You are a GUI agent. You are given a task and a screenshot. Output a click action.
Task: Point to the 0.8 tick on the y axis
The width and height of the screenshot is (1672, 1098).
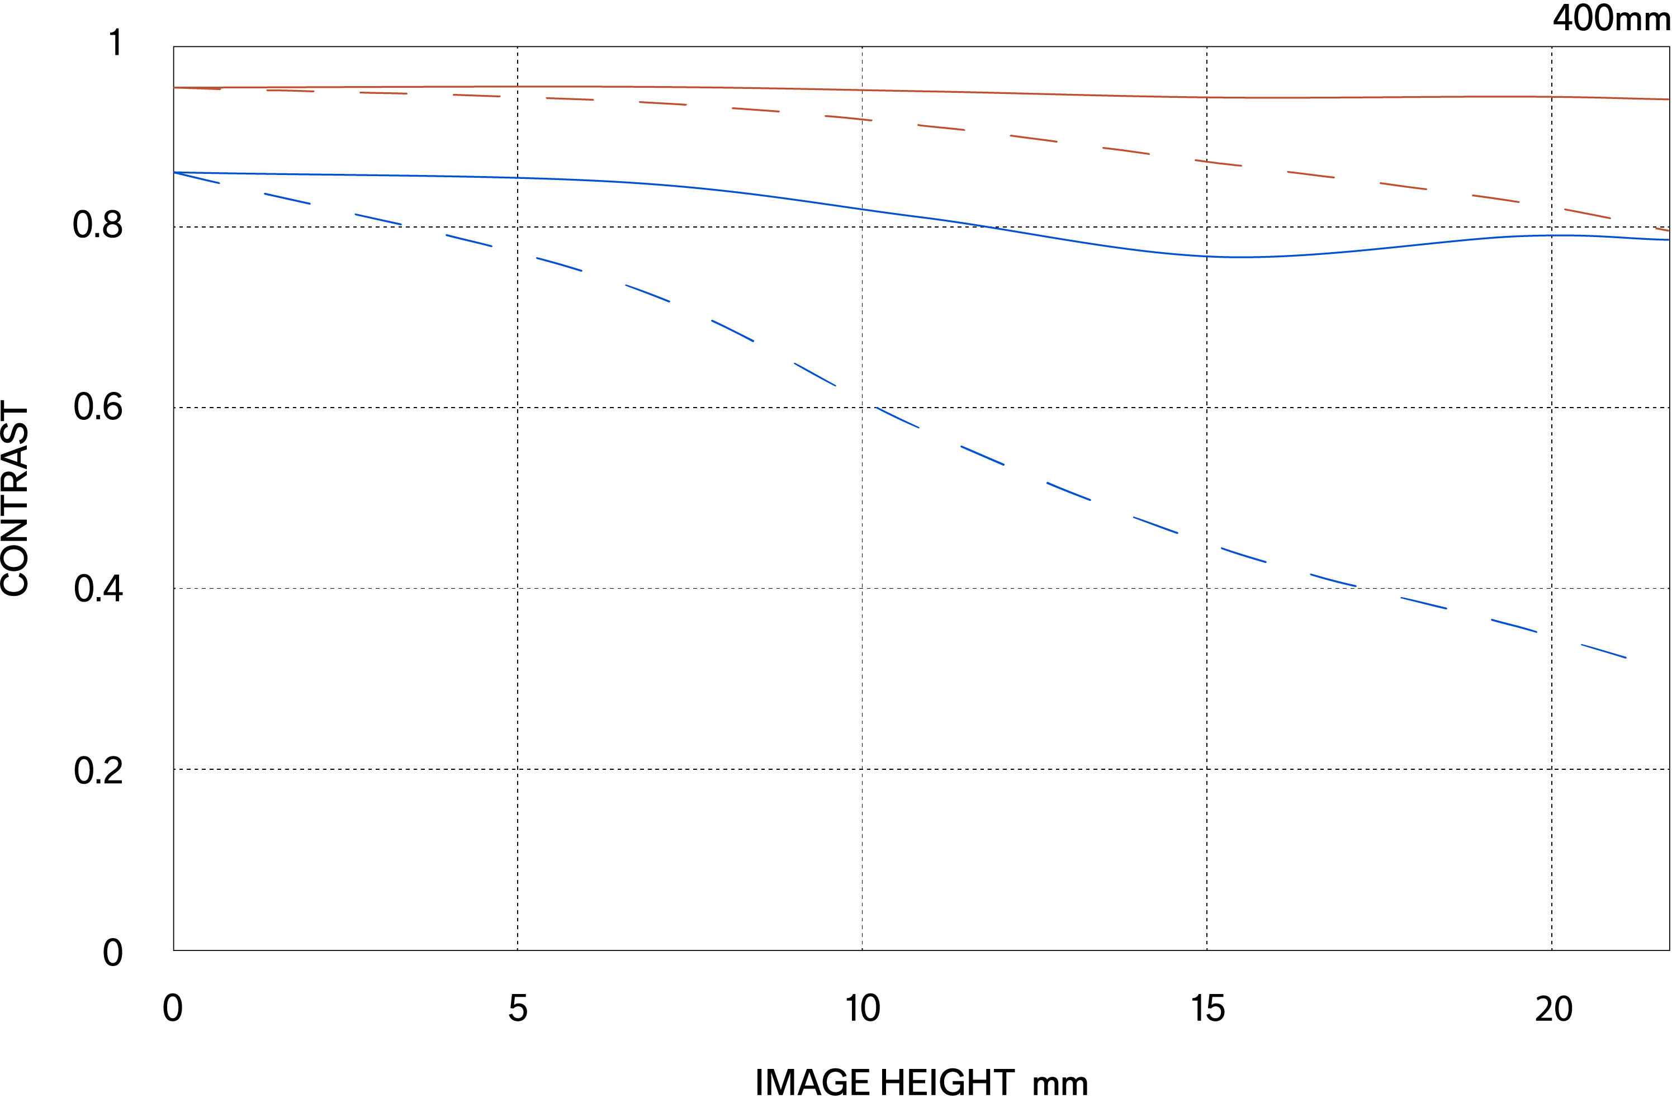coord(98,225)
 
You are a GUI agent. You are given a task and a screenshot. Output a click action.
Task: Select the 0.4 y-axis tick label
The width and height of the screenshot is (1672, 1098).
coord(98,589)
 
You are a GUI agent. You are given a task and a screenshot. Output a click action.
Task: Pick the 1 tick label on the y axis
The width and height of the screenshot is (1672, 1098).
coord(116,44)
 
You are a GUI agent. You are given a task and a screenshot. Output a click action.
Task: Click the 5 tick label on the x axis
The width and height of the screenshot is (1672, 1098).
coord(518,1009)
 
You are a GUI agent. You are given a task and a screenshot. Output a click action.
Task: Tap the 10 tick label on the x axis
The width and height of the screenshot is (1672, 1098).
coord(862,1009)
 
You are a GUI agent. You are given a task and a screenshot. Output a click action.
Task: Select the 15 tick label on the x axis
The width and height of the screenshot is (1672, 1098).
coord(1207,1009)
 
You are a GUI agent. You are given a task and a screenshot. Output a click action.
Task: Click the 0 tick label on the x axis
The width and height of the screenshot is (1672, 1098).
coord(172,1009)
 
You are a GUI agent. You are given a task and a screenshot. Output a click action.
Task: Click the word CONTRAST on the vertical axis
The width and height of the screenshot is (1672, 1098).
coord(16,499)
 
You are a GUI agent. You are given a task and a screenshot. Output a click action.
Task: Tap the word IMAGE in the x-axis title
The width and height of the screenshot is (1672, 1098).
coord(813,1082)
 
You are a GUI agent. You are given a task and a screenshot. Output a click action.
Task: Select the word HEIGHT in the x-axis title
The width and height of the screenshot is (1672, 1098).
coord(948,1082)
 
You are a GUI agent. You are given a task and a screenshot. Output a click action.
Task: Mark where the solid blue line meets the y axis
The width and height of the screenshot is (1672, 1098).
coord(174,172)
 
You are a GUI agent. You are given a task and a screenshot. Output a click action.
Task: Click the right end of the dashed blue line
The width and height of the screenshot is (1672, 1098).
coord(1626,657)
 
